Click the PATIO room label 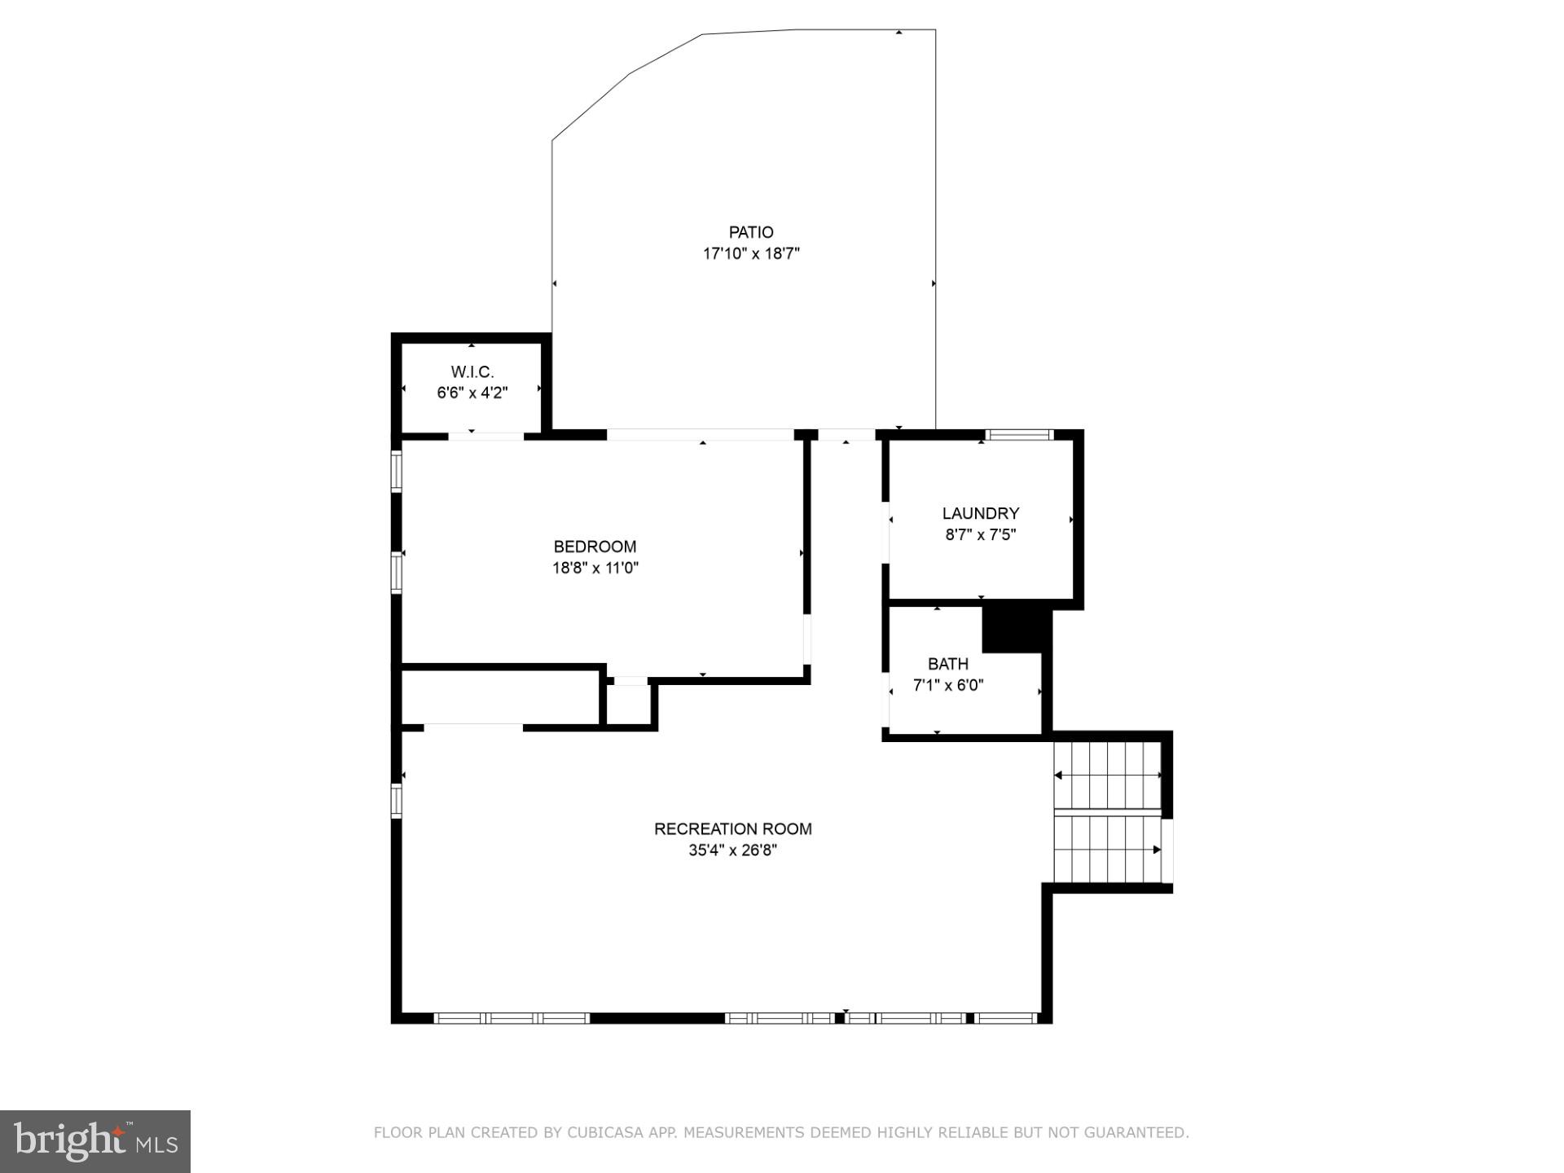pos(751,232)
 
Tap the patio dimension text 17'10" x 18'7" pos(751,253)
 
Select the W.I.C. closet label pos(472,371)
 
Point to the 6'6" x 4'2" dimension pos(472,393)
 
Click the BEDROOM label pos(595,547)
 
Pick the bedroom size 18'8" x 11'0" pos(595,568)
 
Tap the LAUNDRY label pos(980,513)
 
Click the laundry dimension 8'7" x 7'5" pos(980,534)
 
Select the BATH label pos(947,664)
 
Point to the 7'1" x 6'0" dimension pos(947,685)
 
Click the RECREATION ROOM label pos(732,828)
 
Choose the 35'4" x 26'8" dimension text pos(732,850)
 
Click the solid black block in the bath pos(1013,629)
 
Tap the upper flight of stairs pos(1108,775)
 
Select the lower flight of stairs pos(1108,849)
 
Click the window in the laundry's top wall pos(1018,435)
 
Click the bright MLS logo pos(95,1141)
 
